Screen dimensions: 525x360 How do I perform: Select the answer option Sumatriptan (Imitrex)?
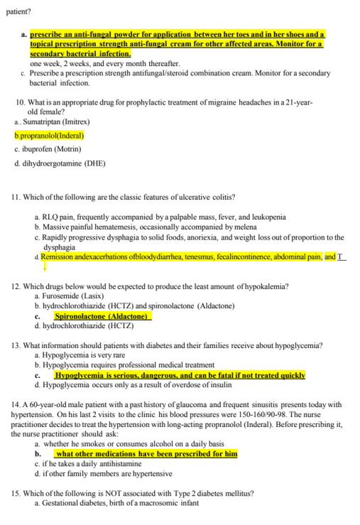[x=57, y=122]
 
